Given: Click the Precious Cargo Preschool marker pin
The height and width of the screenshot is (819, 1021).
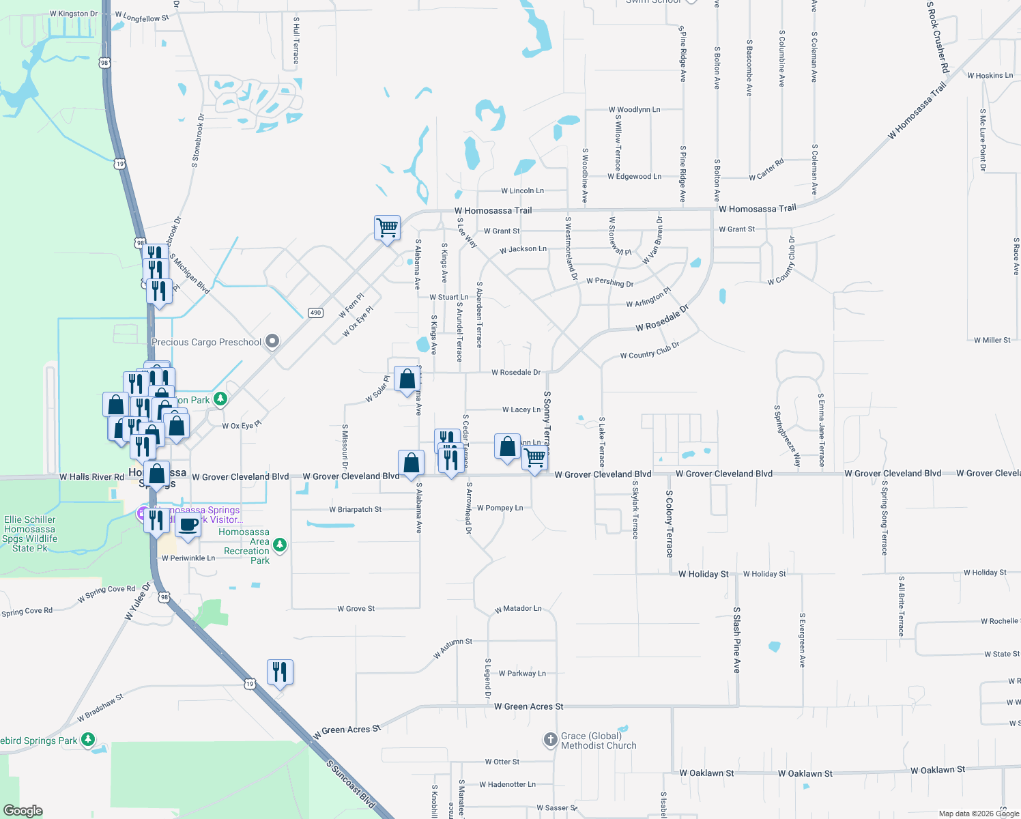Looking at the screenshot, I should (272, 341).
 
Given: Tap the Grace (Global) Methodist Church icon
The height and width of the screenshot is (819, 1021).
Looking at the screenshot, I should (551, 740).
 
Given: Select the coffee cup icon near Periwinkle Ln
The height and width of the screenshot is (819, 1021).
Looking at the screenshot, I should (188, 525).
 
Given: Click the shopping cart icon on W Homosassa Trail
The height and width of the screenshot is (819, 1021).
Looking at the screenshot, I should (387, 227).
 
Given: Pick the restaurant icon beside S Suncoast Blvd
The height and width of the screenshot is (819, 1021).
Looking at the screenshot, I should (280, 672).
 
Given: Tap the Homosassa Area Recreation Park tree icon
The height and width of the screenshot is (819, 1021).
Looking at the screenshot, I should (279, 545).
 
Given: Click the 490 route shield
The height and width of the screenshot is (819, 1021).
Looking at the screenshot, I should (315, 313).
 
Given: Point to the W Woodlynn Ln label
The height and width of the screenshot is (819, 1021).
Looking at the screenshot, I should (634, 109).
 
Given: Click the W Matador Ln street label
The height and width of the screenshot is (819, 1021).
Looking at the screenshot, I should (518, 608).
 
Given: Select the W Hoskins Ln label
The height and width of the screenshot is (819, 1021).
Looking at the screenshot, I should (990, 75).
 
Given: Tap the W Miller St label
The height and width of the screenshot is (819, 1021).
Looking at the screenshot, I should (992, 340).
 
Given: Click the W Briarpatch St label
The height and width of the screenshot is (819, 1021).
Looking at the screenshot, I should (355, 509).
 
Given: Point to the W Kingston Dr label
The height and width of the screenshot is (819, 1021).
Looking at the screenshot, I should (74, 14).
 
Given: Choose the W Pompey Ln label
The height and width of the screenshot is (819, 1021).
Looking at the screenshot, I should (500, 508).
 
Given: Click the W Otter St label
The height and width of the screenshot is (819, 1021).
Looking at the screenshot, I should (502, 762).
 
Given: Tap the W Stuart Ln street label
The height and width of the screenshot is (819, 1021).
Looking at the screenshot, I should (448, 297).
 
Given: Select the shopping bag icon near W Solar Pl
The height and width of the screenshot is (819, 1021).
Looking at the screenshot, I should (407, 379).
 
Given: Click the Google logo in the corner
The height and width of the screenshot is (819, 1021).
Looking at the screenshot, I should (23, 811).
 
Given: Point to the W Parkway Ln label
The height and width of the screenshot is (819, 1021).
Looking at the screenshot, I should (521, 673).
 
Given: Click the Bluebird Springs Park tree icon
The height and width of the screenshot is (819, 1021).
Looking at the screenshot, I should (87, 740).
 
